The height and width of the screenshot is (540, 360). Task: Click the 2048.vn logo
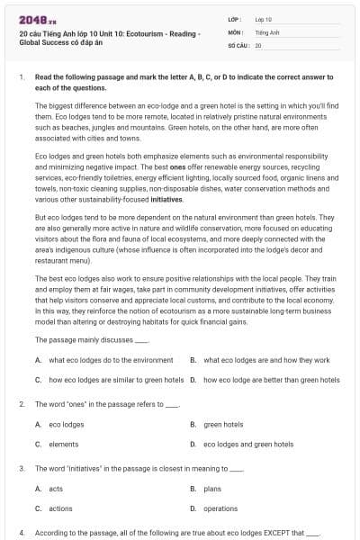[x=32, y=19]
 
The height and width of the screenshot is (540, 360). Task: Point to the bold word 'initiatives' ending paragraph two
[x=168, y=199]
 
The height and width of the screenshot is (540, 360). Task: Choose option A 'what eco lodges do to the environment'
[x=104, y=359]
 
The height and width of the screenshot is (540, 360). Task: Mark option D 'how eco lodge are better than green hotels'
[x=271, y=380]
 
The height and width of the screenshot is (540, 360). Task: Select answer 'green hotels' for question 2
[x=223, y=424]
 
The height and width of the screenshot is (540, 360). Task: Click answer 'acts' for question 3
[x=56, y=489]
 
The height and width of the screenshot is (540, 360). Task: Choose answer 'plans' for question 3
[x=212, y=489]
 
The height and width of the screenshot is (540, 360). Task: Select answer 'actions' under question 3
[x=60, y=508]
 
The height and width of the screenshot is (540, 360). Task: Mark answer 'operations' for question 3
[x=220, y=508]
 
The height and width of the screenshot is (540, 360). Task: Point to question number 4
[x=21, y=533]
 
